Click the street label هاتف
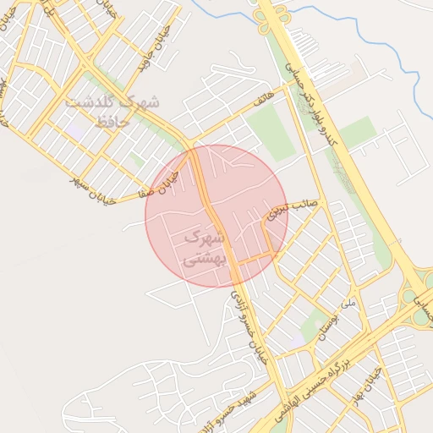(x=266, y=100)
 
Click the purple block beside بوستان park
(x=301, y=338)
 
